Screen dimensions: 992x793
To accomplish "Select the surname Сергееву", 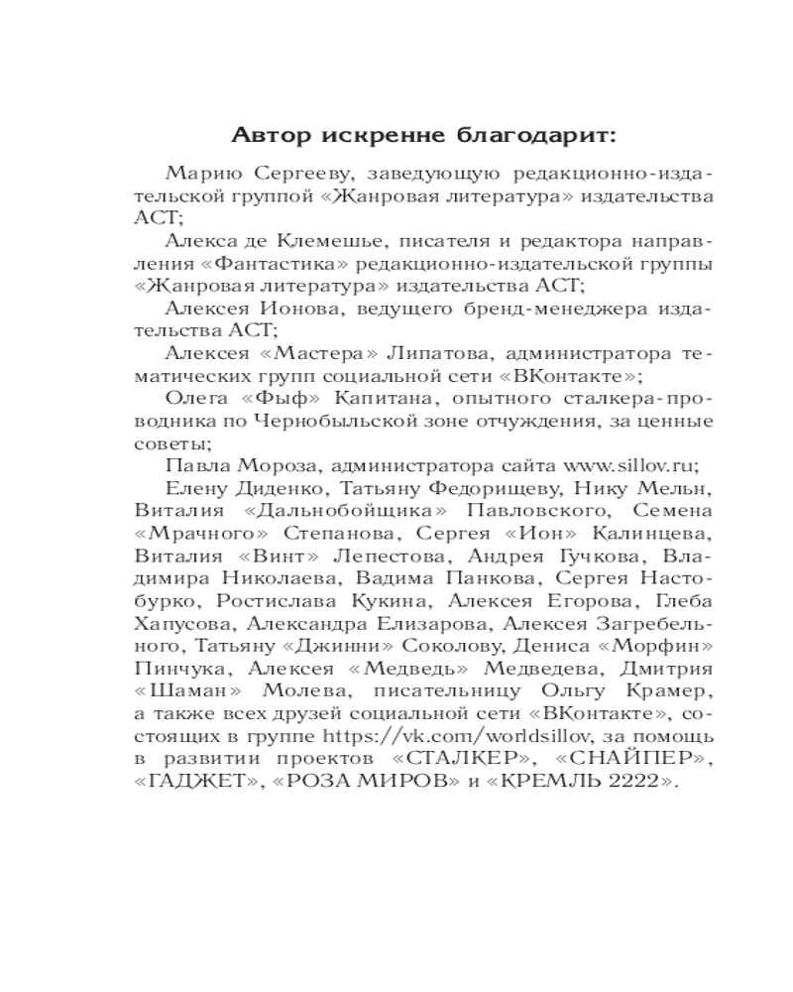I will [292, 174].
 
